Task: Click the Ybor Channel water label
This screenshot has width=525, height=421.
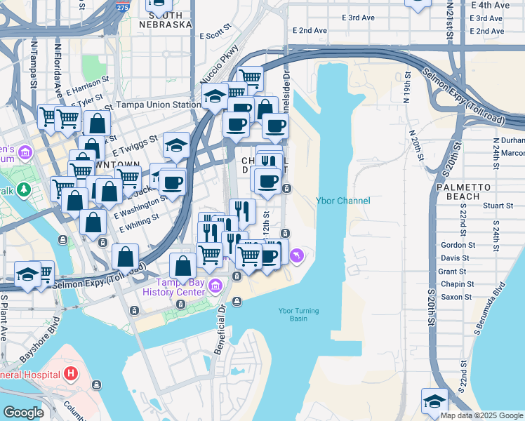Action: pos(343,201)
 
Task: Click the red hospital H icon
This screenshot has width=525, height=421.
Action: pos(70,373)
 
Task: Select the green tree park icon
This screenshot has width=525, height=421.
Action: pos(24,189)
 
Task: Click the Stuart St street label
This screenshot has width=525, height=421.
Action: pos(498,206)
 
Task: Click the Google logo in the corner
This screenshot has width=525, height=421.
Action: pos(23,413)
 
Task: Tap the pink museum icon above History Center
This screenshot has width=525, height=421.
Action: pos(215,284)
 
